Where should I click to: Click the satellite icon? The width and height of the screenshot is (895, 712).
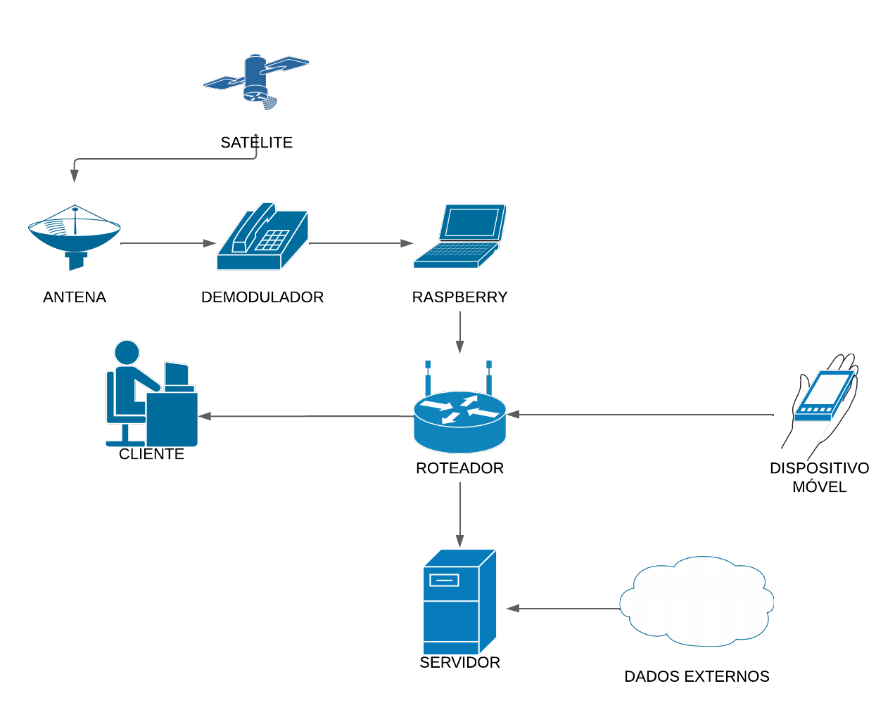(x=255, y=79)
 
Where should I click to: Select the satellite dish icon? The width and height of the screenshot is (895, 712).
(x=75, y=235)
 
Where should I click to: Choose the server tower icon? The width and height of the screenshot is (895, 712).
(x=459, y=602)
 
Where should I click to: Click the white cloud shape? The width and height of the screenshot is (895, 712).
(x=697, y=602)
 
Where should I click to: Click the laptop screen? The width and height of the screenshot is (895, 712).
(x=472, y=222)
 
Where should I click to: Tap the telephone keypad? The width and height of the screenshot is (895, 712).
(x=272, y=240)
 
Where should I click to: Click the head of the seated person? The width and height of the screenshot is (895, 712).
(x=127, y=353)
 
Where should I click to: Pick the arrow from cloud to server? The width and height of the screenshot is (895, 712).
(x=563, y=608)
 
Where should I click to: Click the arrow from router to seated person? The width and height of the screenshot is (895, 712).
(x=306, y=416)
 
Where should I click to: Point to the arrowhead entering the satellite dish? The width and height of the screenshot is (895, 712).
(x=74, y=176)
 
